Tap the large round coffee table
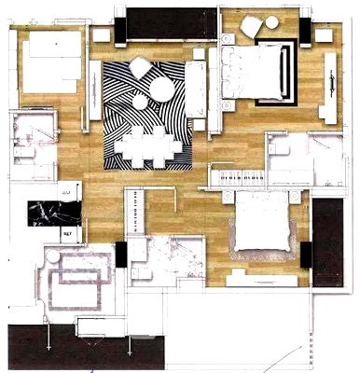click(161, 90)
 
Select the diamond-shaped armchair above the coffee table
click(139, 66)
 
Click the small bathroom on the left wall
click(35, 145)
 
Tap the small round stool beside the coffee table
click(140, 100)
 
